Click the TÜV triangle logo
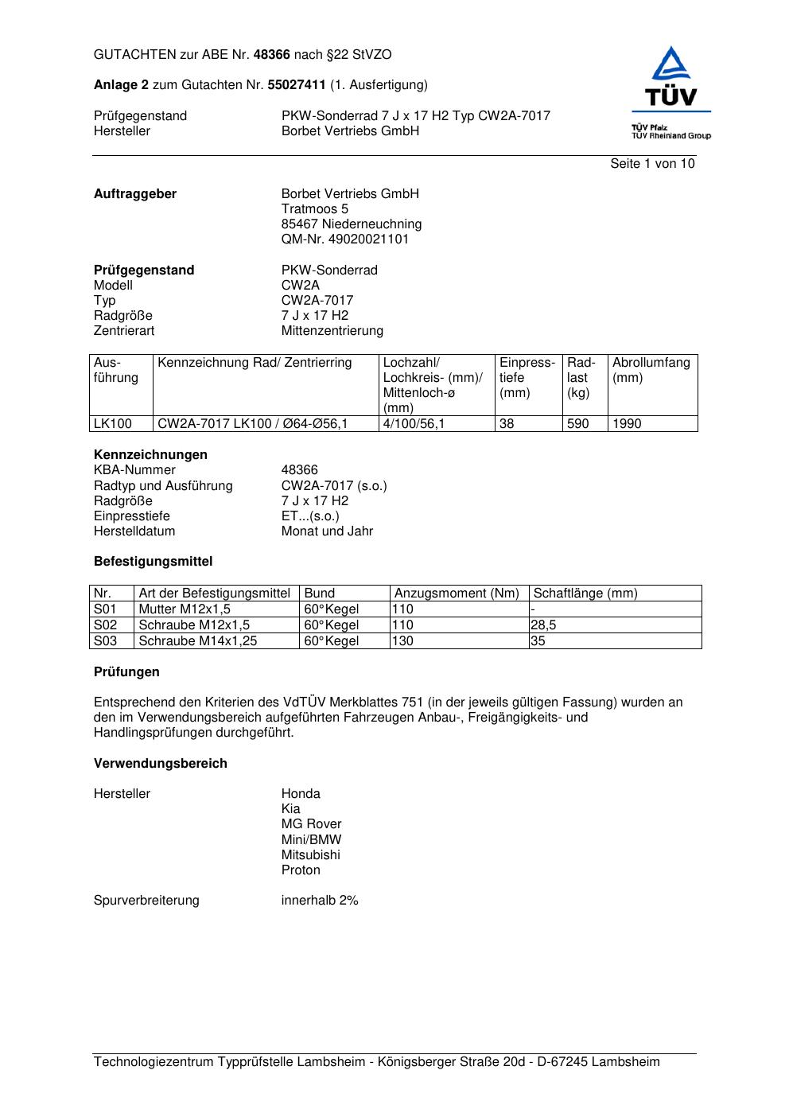[x=672, y=65]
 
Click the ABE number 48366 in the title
[x=272, y=55]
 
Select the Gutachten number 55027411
[x=297, y=85]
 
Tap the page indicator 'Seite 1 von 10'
[x=652, y=164]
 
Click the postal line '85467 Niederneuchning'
[x=352, y=224]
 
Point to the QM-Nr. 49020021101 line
[x=345, y=239]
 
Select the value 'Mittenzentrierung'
[x=332, y=331]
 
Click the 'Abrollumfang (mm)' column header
[x=651, y=370]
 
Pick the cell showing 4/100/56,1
[x=414, y=424]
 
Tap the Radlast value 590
[x=578, y=424]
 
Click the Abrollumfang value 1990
[x=627, y=424]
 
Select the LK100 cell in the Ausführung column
[x=113, y=424]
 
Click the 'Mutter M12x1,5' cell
[x=185, y=609]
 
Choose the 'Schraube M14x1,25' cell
[x=198, y=641]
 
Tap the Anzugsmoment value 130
[x=403, y=641]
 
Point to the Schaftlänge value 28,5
[x=543, y=625]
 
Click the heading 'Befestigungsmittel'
[x=154, y=562]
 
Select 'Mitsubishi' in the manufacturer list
[x=310, y=855]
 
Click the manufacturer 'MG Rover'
[x=311, y=824]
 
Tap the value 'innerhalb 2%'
[x=320, y=901]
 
